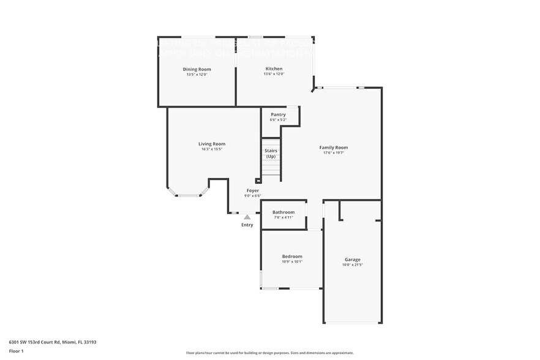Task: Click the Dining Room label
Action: pos(197,69)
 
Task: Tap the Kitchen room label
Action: pos(274,69)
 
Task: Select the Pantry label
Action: pos(278,114)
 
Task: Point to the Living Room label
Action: pos(212,144)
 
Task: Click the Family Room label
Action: pos(334,148)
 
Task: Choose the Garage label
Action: pos(352,260)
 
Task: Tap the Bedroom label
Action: pos(292,257)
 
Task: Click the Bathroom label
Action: pos(283,212)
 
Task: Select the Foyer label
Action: pos(253,190)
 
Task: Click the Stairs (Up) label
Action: pos(271,153)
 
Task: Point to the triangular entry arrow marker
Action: pos(247,217)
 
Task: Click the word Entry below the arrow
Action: pos(247,225)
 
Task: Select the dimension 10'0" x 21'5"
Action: pos(352,264)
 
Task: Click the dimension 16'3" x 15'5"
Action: pos(212,149)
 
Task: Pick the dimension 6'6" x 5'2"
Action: pos(278,119)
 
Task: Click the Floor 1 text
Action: pos(17,351)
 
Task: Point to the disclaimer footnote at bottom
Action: pos(269,353)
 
